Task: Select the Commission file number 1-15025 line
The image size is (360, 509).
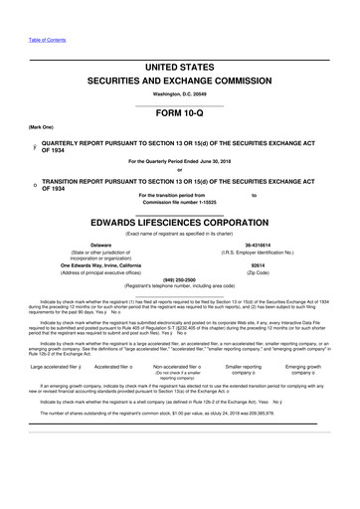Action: coord(180,203)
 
